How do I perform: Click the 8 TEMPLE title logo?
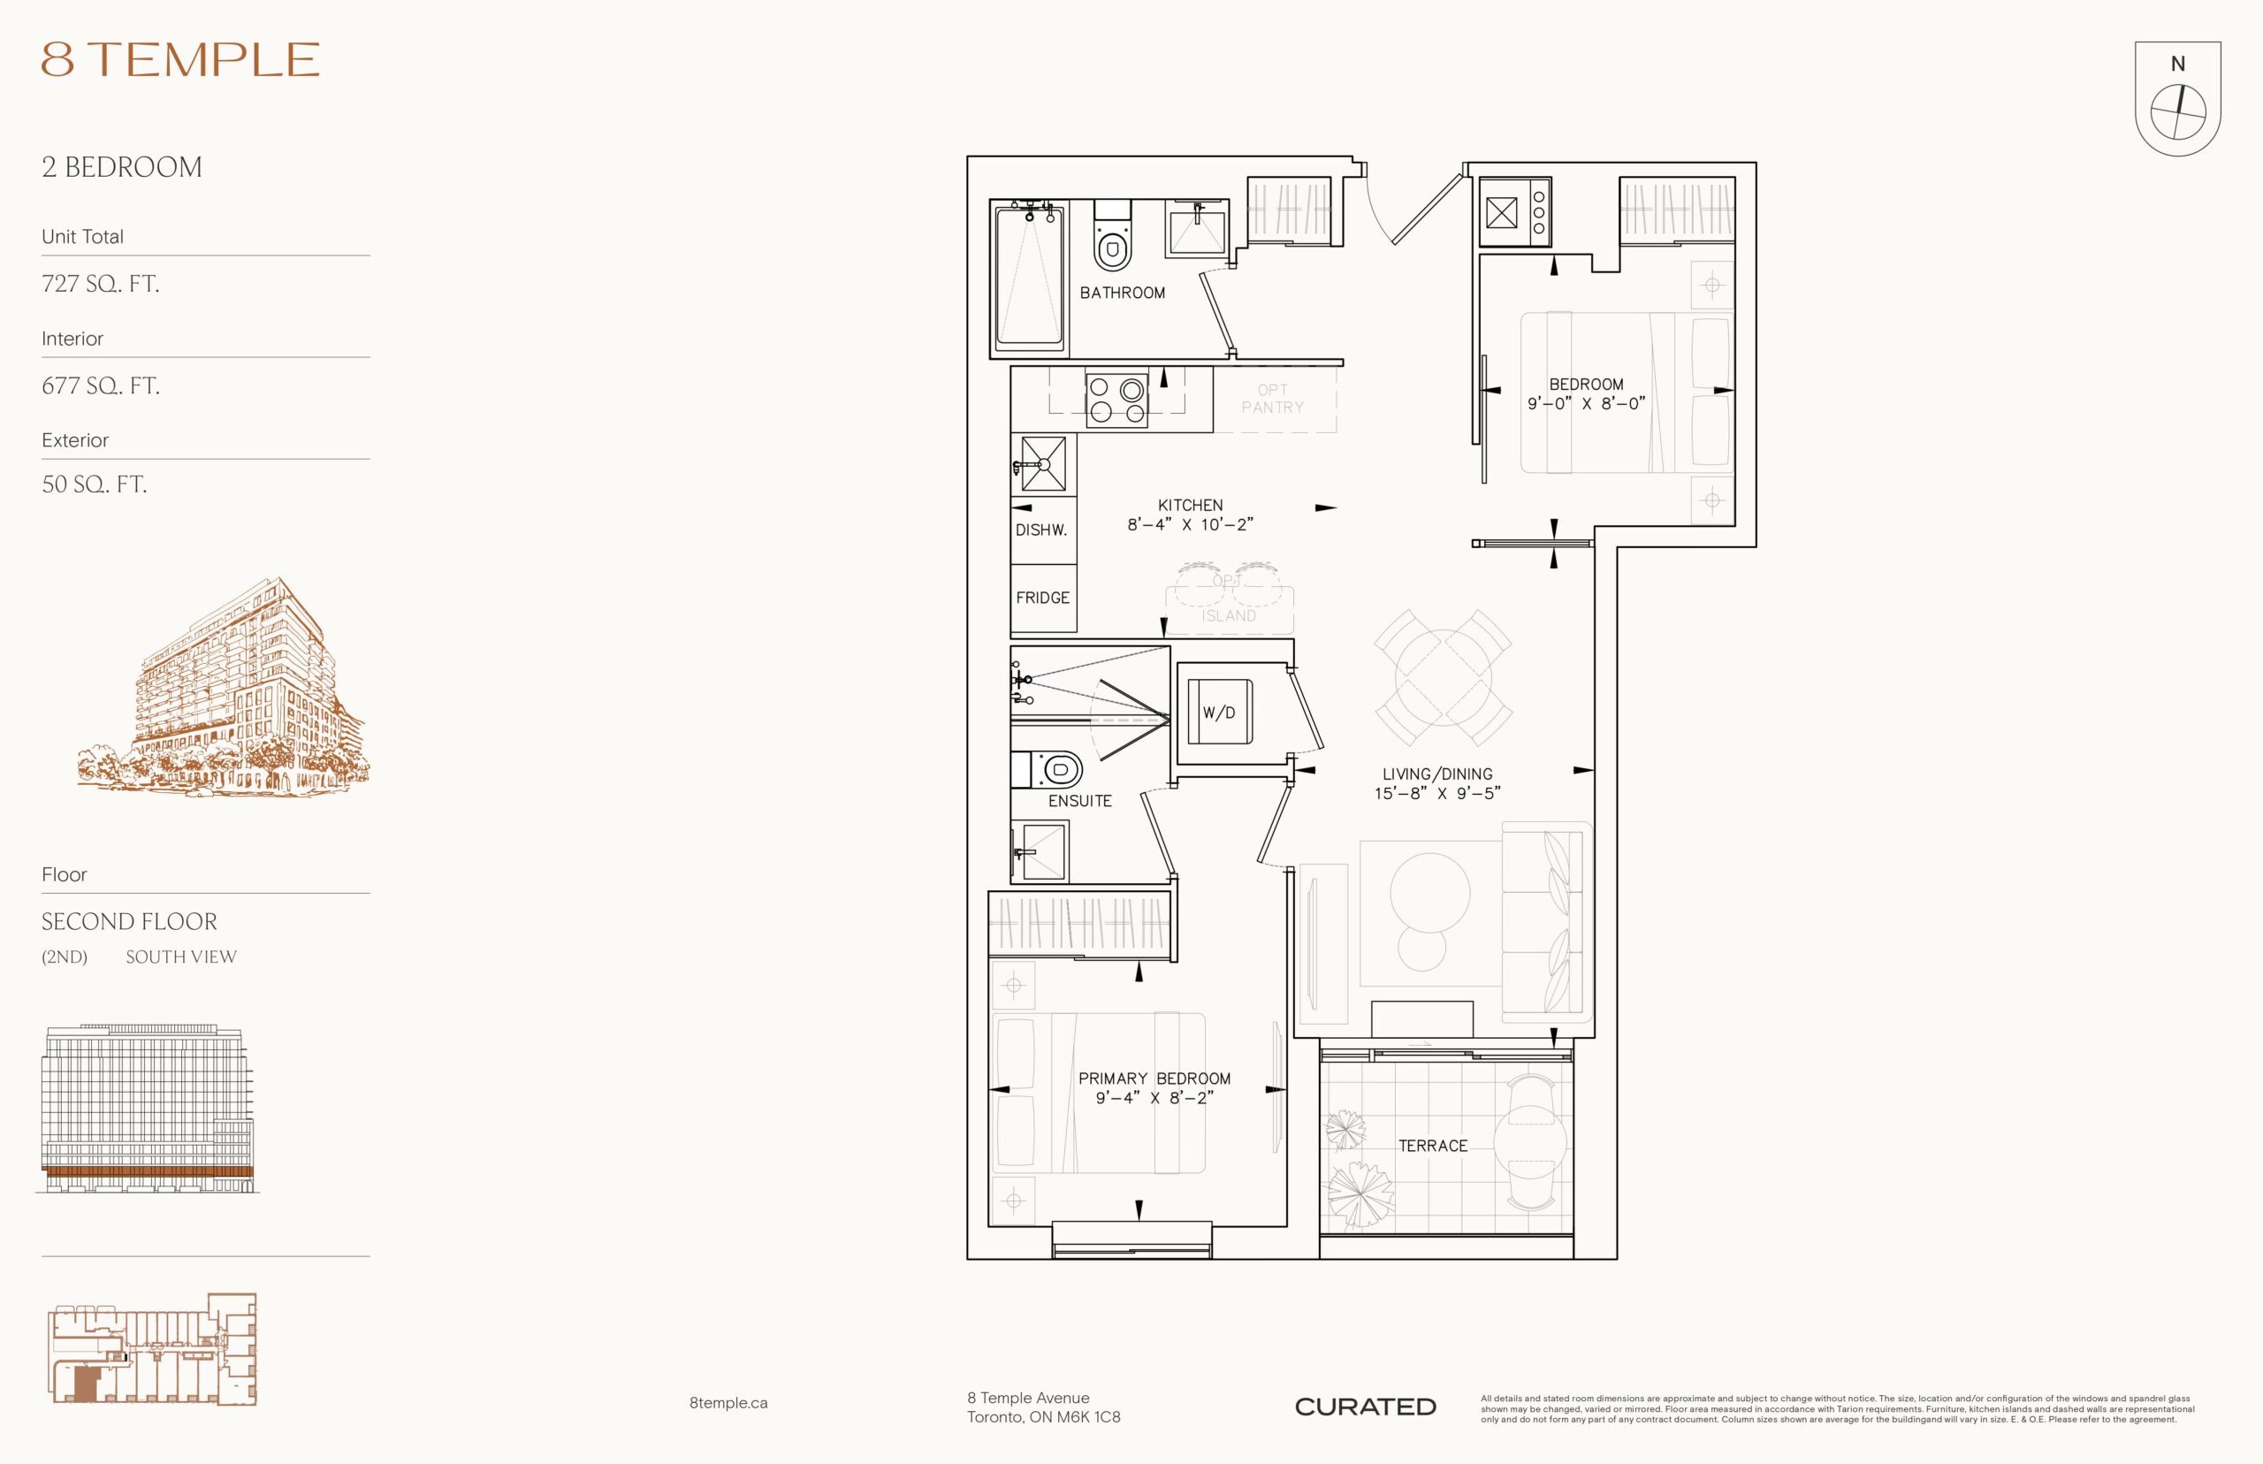pos(179,59)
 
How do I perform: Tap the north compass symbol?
pos(2177,98)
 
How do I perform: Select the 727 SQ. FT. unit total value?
pos(100,283)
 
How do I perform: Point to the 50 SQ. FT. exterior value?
pos(94,484)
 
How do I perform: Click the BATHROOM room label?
pos(1122,293)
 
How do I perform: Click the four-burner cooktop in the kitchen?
pos(1116,400)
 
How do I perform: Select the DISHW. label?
pos(1040,530)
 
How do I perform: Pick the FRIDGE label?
pos(1042,598)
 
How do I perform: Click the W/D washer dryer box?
pos(1218,712)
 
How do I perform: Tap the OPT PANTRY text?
pos(1273,399)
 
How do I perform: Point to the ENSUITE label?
pos(1079,800)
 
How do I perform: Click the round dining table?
pos(1443,678)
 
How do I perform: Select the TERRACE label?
pos(1432,1146)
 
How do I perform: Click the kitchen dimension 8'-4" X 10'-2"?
pos(1190,524)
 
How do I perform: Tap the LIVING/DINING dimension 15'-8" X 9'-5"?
pos(1437,793)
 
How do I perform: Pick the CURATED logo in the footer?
pos(1365,1407)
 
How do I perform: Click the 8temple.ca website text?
pos(728,1403)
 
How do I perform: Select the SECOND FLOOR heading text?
pos(129,921)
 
